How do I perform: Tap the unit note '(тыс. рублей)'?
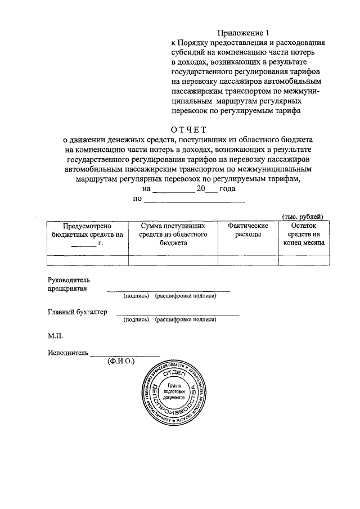[x=302, y=217]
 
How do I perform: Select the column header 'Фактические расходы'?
[x=247, y=229]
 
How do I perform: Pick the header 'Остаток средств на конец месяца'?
[x=303, y=234]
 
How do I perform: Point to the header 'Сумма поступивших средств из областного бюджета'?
[x=173, y=234]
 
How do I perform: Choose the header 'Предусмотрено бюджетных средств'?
[x=87, y=234]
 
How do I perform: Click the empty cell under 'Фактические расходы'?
[x=247, y=259]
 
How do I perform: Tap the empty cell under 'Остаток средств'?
[x=303, y=259]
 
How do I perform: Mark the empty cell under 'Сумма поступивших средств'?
[x=173, y=259]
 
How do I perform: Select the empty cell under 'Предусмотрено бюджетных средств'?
[x=87, y=259]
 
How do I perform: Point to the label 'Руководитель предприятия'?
[x=69, y=284]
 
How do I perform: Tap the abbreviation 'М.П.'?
[x=56, y=336]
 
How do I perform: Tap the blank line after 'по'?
[x=194, y=200]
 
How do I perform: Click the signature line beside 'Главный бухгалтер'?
[x=177, y=314]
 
